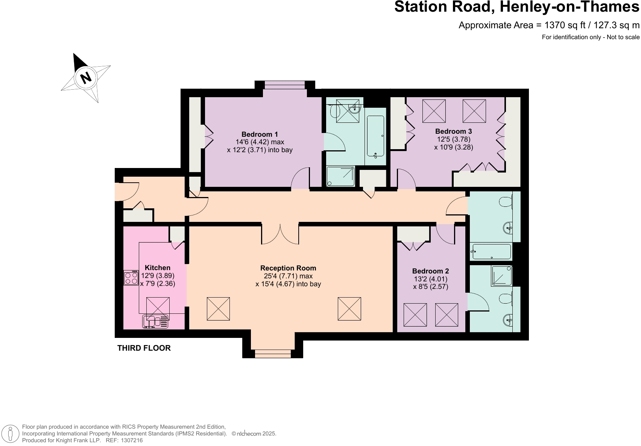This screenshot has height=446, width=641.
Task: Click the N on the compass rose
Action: click(x=86, y=77)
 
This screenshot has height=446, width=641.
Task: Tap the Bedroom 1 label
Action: click(x=260, y=134)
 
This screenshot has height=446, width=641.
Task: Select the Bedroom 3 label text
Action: click(x=453, y=131)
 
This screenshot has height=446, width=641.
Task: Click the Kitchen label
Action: click(x=158, y=268)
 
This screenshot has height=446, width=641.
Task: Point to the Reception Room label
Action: click(x=288, y=268)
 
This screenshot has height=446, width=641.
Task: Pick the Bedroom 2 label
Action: click(x=430, y=271)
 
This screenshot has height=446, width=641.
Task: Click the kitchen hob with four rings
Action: click(x=131, y=278)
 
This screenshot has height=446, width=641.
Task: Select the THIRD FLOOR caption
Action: click(x=144, y=348)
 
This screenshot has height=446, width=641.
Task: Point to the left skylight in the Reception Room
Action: click(x=218, y=309)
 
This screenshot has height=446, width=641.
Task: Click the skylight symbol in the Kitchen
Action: click(x=158, y=309)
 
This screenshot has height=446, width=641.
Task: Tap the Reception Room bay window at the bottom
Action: click(x=273, y=353)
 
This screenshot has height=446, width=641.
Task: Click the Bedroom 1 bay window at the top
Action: click(x=285, y=85)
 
